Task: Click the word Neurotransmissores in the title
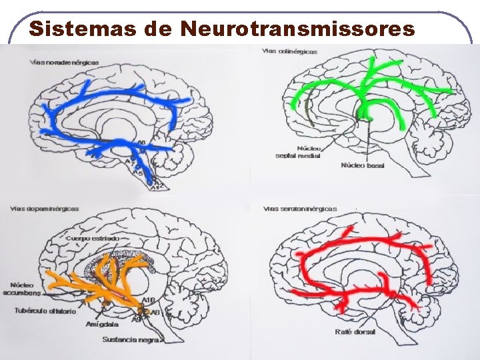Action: click(x=297, y=29)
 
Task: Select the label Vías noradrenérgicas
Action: click(x=64, y=62)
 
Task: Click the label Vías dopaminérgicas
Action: click(x=45, y=209)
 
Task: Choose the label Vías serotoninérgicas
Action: click(x=301, y=209)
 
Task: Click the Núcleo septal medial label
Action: click(x=298, y=152)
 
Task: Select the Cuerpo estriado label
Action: click(x=93, y=238)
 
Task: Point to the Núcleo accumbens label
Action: click(x=21, y=288)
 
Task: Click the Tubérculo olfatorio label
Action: click(x=45, y=311)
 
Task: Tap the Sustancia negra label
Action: click(x=131, y=339)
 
